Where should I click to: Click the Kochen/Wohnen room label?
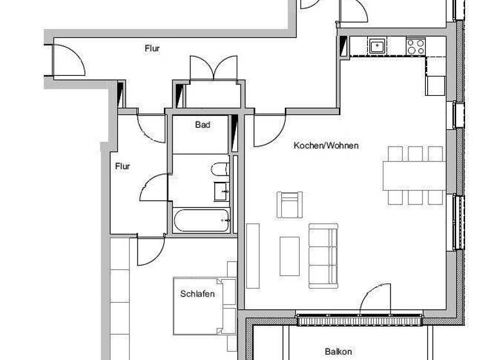326,146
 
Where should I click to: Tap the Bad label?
203,125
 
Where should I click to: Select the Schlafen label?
197,294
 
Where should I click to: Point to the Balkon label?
338,352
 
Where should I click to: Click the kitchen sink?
377,46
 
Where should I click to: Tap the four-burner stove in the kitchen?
416,46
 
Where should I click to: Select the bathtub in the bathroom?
201,221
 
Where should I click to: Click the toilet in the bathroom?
219,170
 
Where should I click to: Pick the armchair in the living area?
289,204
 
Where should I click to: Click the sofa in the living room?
322,255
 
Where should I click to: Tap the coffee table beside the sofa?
289,256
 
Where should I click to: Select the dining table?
415,175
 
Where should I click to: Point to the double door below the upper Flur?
207,69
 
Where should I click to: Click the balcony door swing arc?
376,300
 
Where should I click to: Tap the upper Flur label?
152,48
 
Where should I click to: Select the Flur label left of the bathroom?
123,166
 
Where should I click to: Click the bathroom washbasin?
221,190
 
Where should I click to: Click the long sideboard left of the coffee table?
253,255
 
